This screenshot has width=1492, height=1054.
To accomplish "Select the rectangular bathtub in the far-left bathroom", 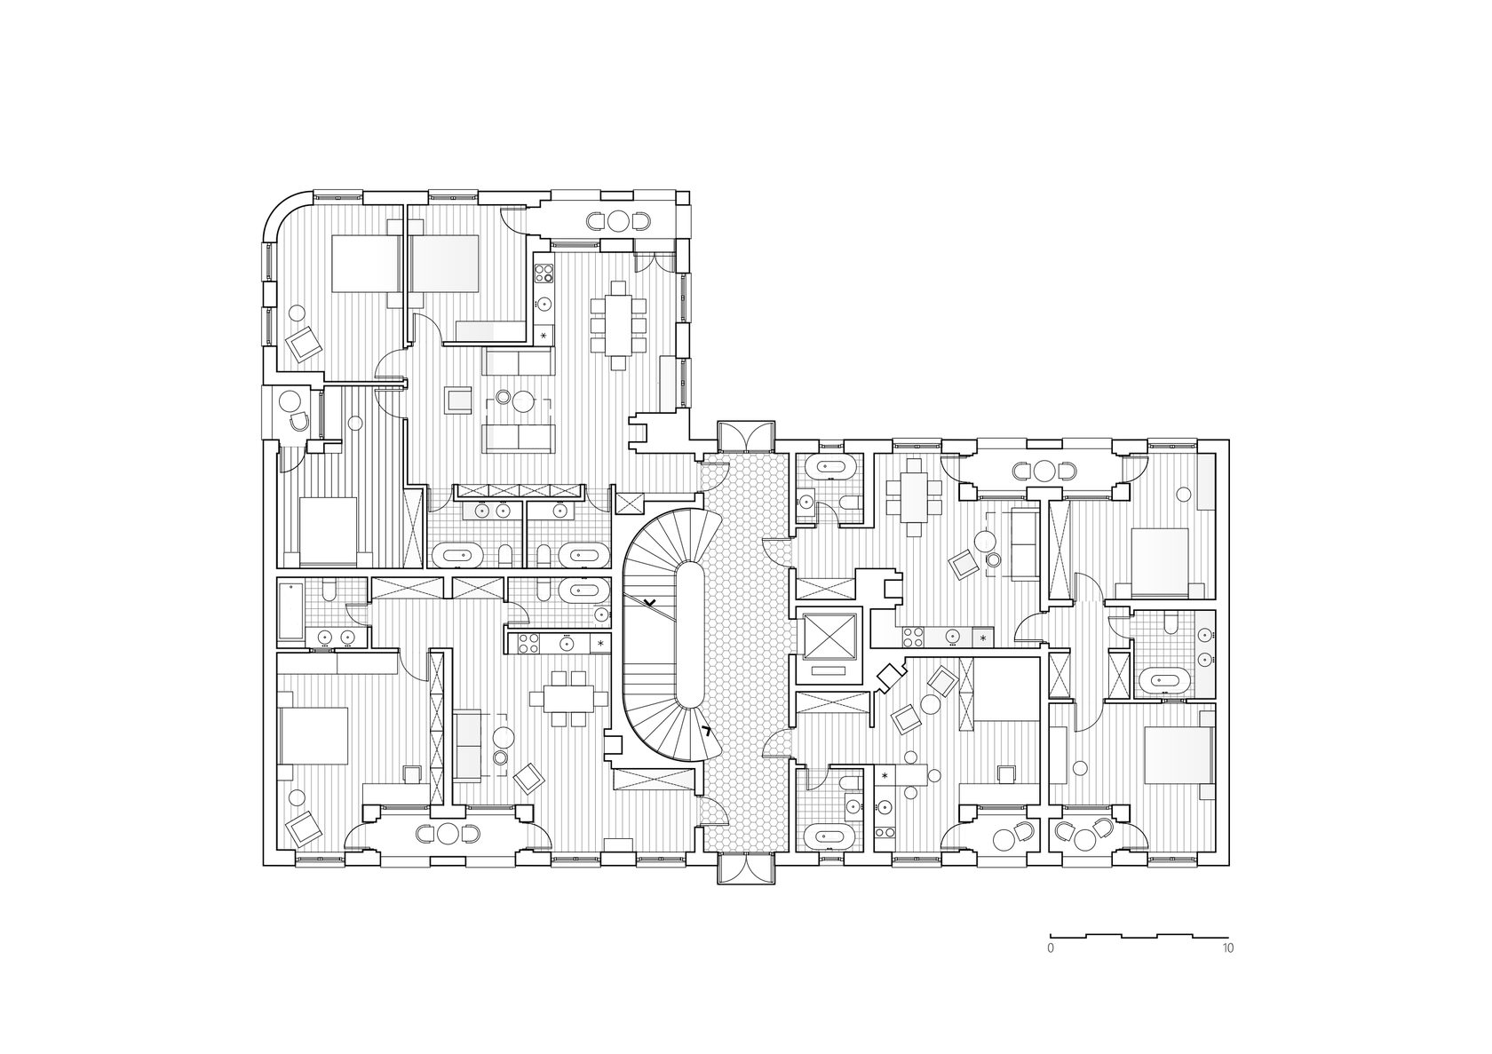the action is coord(290,611).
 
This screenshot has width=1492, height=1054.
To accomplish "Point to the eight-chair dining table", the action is coord(618,325).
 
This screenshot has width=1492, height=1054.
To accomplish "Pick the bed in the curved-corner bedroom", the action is coord(366,263).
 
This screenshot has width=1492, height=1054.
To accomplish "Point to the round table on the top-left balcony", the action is coord(620,220).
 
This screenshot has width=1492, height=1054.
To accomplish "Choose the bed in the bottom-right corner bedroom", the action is coord(1178,755).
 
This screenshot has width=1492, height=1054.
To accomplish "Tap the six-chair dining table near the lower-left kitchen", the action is coord(568,699).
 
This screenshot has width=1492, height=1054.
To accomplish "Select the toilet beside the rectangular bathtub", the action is coord(329,590).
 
